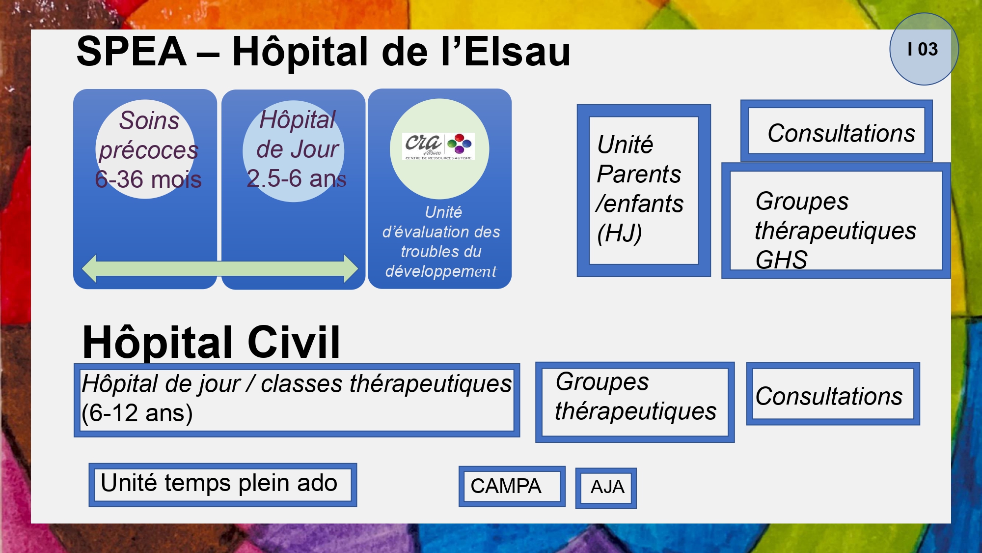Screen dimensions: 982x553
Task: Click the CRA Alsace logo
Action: point(438,146)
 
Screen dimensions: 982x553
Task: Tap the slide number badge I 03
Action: point(924,49)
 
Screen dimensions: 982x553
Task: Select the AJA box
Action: point(606,488)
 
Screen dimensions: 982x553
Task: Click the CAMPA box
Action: point(512,486)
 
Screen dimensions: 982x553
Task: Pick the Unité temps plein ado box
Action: point(223,485)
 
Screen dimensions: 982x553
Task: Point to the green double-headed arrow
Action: point(220,268)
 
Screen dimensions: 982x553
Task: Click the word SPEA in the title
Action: point(132,52)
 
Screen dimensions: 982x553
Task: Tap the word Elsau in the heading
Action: point(517,52)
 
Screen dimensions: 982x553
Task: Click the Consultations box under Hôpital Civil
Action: point(833,394)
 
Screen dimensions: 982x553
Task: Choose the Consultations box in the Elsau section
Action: point(836,131)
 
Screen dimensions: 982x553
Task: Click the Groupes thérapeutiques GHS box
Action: point(836,221)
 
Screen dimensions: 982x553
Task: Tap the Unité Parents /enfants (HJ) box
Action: point(644,190)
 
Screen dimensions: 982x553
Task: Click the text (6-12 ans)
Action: point(137,413)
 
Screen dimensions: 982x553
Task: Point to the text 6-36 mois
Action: point(148,179)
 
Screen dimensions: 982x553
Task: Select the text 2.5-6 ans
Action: point(297,178)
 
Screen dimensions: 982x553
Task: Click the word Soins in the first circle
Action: point(149,120)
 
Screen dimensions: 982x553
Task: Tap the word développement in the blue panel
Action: point(441,271)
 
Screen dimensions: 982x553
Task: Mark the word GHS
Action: point(781,260)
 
